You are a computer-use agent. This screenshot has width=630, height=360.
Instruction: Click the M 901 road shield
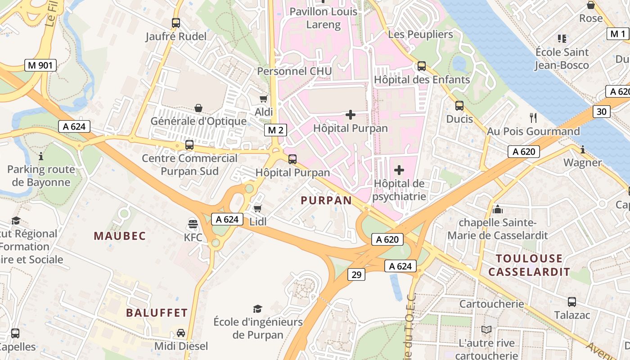pos(40,65)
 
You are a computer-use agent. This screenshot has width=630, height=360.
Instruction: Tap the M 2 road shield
pos(275,130)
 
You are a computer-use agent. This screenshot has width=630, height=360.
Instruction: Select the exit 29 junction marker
pos(356,274)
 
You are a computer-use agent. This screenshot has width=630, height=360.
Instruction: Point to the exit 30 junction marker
pos(602,111)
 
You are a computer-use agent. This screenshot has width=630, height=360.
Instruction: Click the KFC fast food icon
pos(193,224)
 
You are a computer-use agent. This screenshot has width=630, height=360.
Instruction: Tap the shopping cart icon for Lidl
pos(257,208)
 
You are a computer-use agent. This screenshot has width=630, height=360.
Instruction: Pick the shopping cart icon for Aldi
pos(264,99)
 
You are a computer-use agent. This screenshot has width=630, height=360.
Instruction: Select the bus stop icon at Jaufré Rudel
pos(176,23)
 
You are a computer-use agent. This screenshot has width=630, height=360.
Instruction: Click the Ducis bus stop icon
pos(459,106)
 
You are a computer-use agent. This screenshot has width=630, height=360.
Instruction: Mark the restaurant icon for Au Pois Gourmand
pos(533,118)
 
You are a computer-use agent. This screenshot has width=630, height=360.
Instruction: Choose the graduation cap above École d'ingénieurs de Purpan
pos(257,309)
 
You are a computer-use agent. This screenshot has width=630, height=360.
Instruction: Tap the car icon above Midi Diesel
pos(180,333)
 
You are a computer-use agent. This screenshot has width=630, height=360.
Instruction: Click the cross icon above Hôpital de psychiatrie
pos(399,170)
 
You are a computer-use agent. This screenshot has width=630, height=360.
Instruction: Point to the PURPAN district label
pos(326,201)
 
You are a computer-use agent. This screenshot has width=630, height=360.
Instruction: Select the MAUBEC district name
pos(120,236)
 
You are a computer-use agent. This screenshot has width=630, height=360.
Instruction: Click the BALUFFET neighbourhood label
pos(157,313)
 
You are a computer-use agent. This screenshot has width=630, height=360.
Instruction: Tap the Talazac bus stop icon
pos(571,301)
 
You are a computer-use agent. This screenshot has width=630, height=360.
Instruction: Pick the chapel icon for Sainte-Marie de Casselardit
pos(497,209)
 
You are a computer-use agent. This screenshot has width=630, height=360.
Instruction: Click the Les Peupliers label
pos(420,34)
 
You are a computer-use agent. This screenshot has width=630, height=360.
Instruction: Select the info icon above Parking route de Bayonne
pos(41,156)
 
